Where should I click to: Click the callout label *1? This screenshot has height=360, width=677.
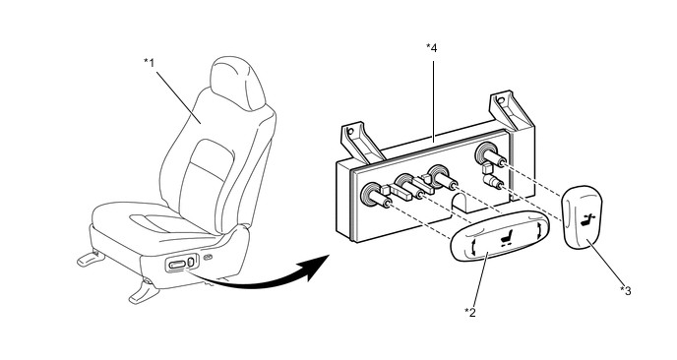(x=149, y=63)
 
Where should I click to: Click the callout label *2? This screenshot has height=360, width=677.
(x=470, y=312)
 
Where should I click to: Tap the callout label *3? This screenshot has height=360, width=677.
(x=626, y=291)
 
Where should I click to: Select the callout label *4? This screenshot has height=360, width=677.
(x=432, y=48)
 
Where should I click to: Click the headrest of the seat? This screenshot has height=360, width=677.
(x=237, y=83)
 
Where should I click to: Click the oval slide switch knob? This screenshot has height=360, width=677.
(x=500, y=236)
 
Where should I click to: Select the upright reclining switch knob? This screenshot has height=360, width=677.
(x=582, y=217)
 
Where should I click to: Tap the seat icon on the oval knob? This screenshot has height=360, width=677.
(x=504, y=238)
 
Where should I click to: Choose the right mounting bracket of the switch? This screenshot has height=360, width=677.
(x=512, y=111)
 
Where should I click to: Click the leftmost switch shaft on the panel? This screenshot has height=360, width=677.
(x=377, y=197)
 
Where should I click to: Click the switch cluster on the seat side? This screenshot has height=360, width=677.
(x=181, y=263)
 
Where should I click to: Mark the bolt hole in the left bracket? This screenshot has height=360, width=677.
(x=350, y=131)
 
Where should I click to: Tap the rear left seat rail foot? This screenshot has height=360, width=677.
(x=91, y=257)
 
